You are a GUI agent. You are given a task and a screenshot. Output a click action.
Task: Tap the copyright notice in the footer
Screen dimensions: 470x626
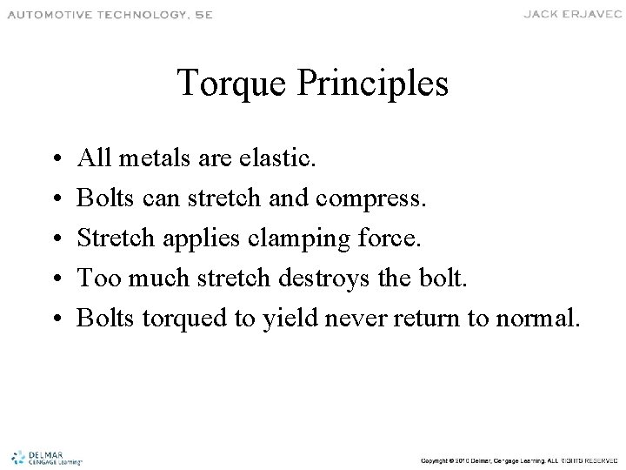[518, 458]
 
